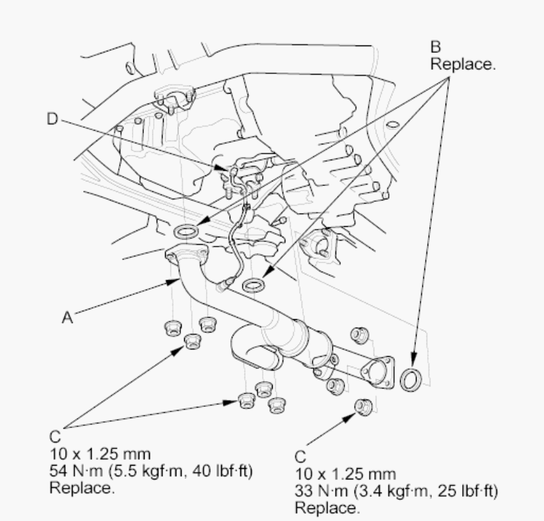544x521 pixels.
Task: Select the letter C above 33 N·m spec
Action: (x=300, y=456)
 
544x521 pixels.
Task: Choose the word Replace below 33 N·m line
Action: (x=327, y=508)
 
